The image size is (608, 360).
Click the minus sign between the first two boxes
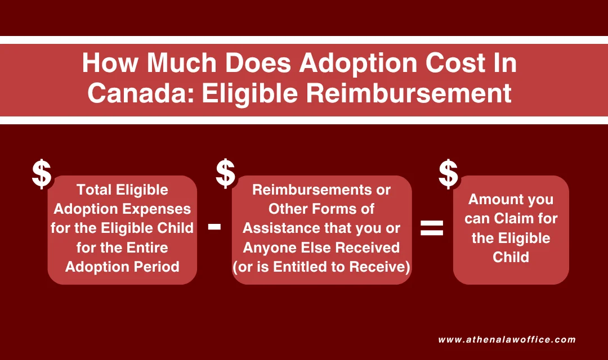tap(214, 227)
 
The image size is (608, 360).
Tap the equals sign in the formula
tap(432, 228)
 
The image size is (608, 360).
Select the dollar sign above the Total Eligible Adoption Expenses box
tap(41, 174)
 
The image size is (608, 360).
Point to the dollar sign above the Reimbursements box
tap(225, 174)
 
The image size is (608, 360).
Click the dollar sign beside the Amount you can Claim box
tap(448, 174)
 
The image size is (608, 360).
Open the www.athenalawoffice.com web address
tap(507, 340)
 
